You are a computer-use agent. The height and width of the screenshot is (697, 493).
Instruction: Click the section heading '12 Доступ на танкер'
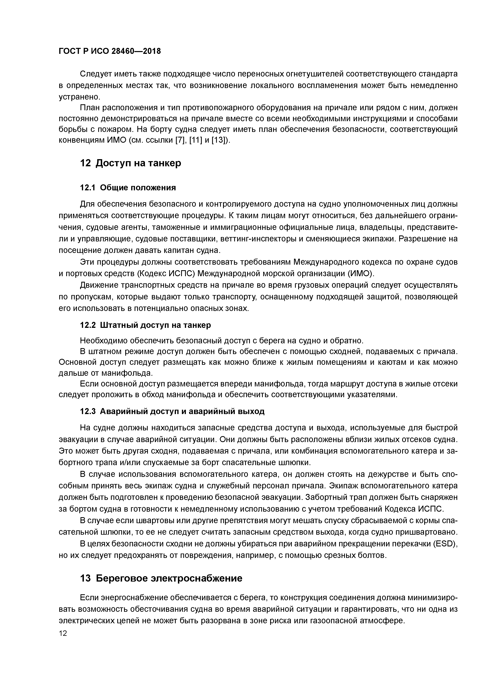click(x=130, y=163)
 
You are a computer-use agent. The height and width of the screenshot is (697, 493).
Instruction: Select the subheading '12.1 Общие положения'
click(x=128, y=188)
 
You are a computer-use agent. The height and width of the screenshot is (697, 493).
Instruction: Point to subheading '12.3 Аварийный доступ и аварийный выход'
click(x=172, y=411)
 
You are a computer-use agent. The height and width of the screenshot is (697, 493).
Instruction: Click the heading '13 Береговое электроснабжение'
click(x=161, y=578)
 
